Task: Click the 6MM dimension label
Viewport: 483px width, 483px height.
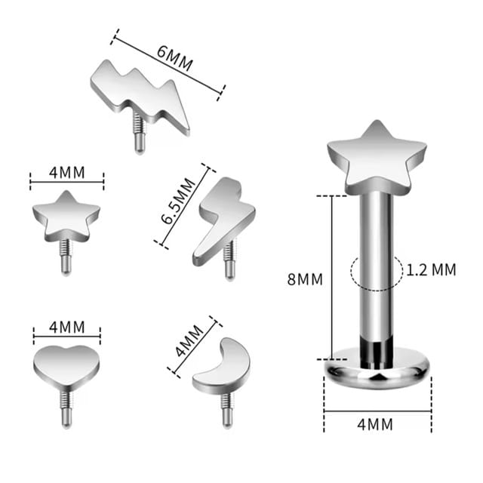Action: point(174,59)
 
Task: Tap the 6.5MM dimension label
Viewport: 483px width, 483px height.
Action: point(178,202)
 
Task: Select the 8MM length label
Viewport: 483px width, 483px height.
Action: point(305,280)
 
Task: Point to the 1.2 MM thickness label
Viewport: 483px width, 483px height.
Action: point(431,270)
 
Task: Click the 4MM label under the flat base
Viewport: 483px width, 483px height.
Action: point(375,424)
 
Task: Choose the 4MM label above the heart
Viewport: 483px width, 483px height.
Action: point(67,327)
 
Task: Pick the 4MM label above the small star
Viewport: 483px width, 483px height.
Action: point(67,173)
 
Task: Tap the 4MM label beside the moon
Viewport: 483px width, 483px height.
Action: point(189,340)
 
